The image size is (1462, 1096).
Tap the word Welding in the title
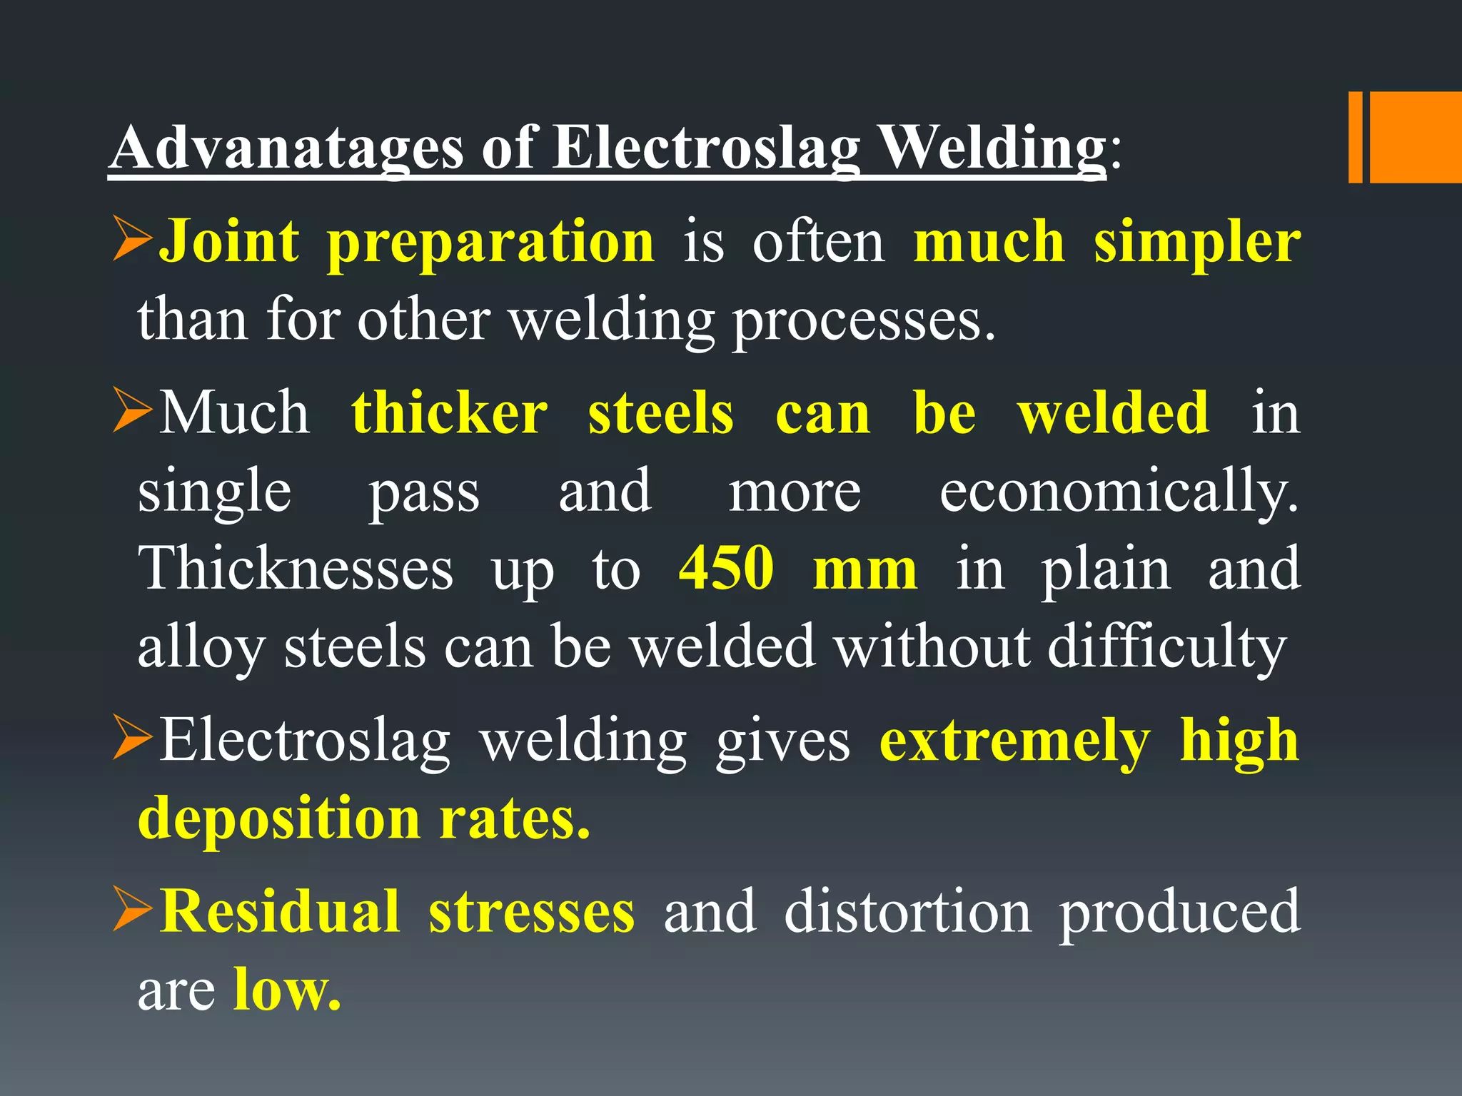(992, 148)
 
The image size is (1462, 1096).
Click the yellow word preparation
(490, 243)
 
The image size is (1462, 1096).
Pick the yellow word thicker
(449, 413)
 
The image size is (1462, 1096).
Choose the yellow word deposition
(279, 818)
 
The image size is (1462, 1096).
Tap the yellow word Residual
(279, 911)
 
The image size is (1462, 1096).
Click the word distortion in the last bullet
(907, 911)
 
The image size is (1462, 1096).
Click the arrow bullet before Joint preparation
(133, 241)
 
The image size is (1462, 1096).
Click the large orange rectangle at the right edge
(1416, 137)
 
